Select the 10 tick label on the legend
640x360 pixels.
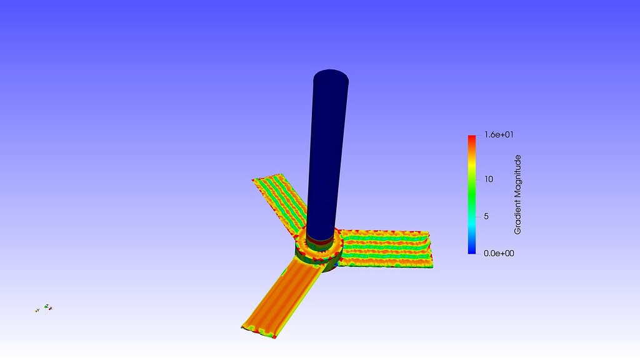tap(489, 179)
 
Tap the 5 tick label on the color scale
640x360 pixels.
tap(486, 216)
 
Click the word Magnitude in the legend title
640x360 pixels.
tap(517, 177)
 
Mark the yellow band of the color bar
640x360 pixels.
tap(472, 164)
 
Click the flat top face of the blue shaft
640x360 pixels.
tap(331, 80)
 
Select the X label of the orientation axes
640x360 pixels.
tap(51, 308)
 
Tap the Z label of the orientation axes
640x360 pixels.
tap(46, 306)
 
